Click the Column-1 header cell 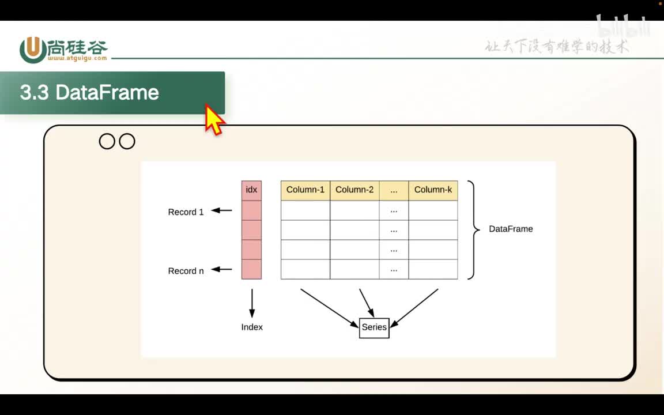point(305,190)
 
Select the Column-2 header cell point(354,190)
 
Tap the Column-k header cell point(433,190)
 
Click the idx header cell point(251,190)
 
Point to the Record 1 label point(186,212)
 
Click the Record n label point(186,271)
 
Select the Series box point(374,327)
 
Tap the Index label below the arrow point(252,327)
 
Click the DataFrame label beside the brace point(511,229)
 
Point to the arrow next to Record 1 point(222,211)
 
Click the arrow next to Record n point(222,269)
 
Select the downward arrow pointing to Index point(252,303)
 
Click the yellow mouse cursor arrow point(214,120)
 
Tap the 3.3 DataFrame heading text point(89,93)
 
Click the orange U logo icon point(33,50)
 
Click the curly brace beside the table point(473,229)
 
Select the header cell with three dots point(394,190)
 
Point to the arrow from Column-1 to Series point(329,307)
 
